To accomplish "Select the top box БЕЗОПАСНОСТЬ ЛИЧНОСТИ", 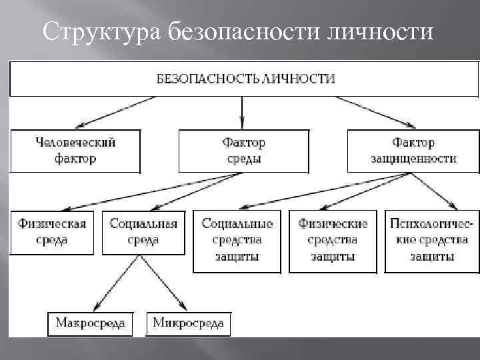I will [244, 79].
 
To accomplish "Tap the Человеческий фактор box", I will [75, 151].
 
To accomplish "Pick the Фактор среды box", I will [244, 151].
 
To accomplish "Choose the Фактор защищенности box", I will [413, 151].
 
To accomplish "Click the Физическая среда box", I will [52, 231].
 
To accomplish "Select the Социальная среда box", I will [143, 231].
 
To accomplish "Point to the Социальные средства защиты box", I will [237, 240].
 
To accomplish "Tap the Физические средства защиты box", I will [333, 240].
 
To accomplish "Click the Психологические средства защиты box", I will [431, 240].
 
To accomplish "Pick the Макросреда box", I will [90, 324].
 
